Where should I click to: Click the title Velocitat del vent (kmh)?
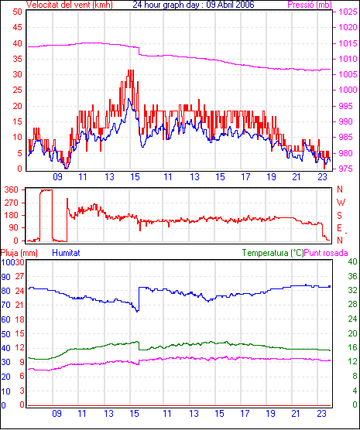(x=70, y=5)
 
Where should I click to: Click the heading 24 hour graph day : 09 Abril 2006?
(x=194, y=5)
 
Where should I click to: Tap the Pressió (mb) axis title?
(x=310, y=5)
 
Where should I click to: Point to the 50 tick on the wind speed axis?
(x=17, y=12)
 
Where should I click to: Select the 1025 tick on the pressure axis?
(x=348, y=12)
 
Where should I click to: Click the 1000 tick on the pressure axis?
(x=348, y=90)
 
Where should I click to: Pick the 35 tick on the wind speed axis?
(x=17, y=59)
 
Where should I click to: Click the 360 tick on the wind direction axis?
(x=12, y=189)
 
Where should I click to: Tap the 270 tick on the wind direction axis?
(x=12, y=203)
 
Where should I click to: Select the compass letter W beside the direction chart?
(x=341, y=203)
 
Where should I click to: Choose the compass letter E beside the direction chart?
(x=339, y=228)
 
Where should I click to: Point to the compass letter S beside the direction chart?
(x=339, y=216)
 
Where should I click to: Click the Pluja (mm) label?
(x=19, y=253)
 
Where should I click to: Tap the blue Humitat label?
(x=66, y=253)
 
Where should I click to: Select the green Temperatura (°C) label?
(x=273, y=253)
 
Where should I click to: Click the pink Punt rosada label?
(x=326, y=253)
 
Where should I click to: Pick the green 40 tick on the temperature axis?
(x=352, y=261)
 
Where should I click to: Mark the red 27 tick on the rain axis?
(x=20, y=276)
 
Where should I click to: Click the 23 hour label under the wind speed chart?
(x=322, y=177)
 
